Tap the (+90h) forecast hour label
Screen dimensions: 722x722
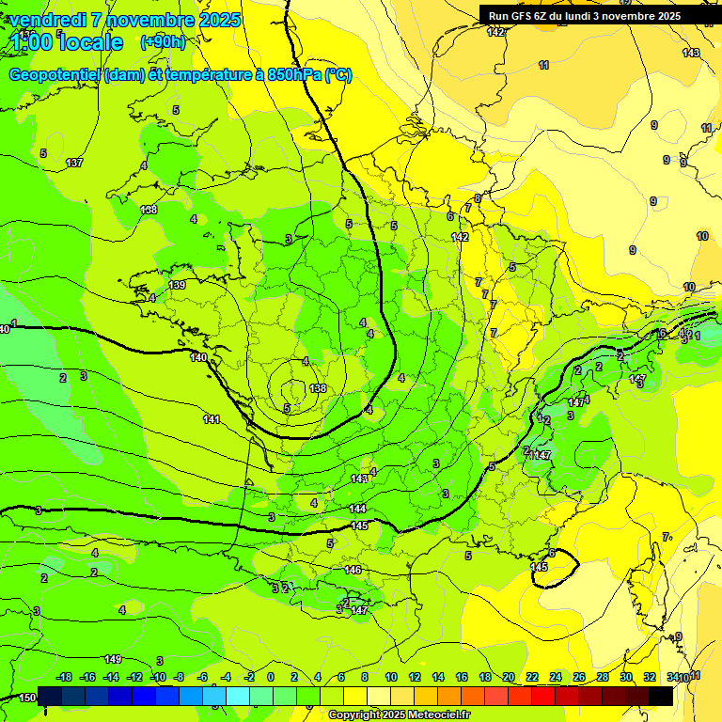click(x=162, y=41)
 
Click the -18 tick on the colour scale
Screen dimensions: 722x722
click(x=64, y=677)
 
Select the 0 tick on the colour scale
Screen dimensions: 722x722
click(x=270, y=677)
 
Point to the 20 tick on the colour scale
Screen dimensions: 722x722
click(x=508, y=677)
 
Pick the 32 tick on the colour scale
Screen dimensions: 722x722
click(x=650, y=677)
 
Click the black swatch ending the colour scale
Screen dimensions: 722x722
click(x=661, y=696)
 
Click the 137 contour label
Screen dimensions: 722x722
click(x=74, y=164)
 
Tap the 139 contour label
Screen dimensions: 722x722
click(x=177, y=285)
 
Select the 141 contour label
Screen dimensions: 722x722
click(x=212, y=419)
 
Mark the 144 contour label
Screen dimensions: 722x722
click(x=357, y=509)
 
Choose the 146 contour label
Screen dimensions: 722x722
click(x=353, y=570)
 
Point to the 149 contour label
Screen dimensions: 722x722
click(x=113, y=659)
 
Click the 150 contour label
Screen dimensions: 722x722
click(x=28, y=698)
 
